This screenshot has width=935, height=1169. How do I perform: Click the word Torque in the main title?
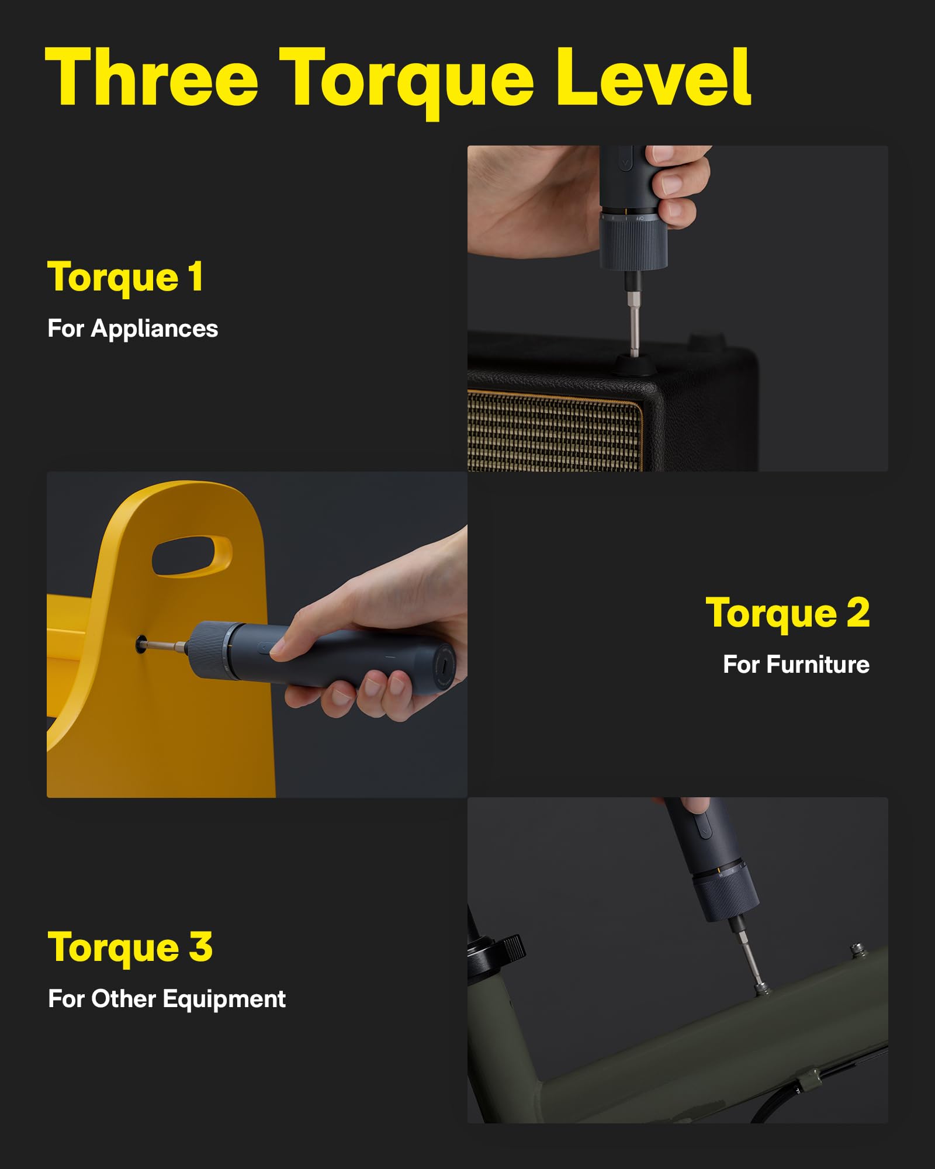pyautogui.click(x=406, y=79)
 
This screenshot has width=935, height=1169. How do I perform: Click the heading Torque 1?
pyautogui.click(x=126, y=277)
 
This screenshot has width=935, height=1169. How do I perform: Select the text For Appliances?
pyautogui.click(x=133, y=328)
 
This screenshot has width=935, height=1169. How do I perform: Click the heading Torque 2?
pyautogui.click(x=788, y=614)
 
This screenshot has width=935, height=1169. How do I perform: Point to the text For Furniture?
pyautogui.click(x=796, y=665)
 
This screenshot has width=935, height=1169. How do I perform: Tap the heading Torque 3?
pyautogui.click(x=130, y=947)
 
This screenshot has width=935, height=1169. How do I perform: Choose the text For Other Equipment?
pyautogui.click(x=167, y=999)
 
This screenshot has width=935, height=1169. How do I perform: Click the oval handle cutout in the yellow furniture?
pyautogui.click(x=192, y=556)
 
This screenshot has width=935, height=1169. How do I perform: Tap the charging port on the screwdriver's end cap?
pyautogui.click(x=446, y=666)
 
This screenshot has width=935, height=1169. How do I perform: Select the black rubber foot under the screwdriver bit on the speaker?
pyautogui.click(x=634, y=366)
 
